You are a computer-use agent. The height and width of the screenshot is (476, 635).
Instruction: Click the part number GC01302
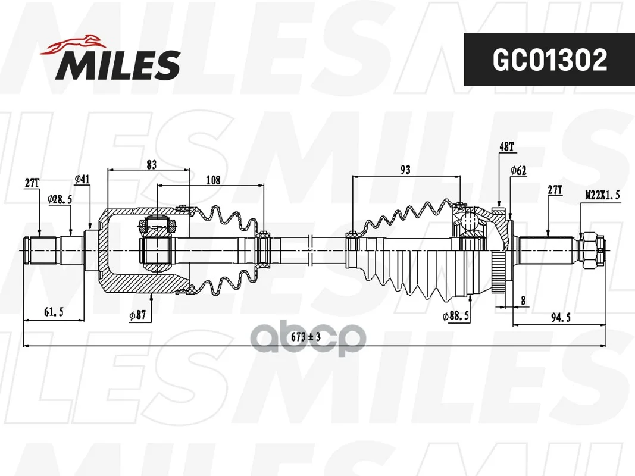(549, 59)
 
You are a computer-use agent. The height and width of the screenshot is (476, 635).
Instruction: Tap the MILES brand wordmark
(117, 65)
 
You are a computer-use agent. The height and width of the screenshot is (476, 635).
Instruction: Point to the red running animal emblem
(71, 45)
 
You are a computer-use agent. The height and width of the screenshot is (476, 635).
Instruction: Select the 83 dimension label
(152, 165)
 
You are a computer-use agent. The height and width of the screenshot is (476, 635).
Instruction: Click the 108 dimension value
(213, 180)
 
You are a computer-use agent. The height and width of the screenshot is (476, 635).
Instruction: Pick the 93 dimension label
(405, 170)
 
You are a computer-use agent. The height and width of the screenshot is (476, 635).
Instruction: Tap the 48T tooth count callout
(506, 146)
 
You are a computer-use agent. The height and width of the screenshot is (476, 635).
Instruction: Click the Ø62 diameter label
(518, 170)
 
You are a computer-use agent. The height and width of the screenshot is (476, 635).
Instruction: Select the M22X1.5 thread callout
(603, 195)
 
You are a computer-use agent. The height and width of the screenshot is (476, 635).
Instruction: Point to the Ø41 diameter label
(82, 179)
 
